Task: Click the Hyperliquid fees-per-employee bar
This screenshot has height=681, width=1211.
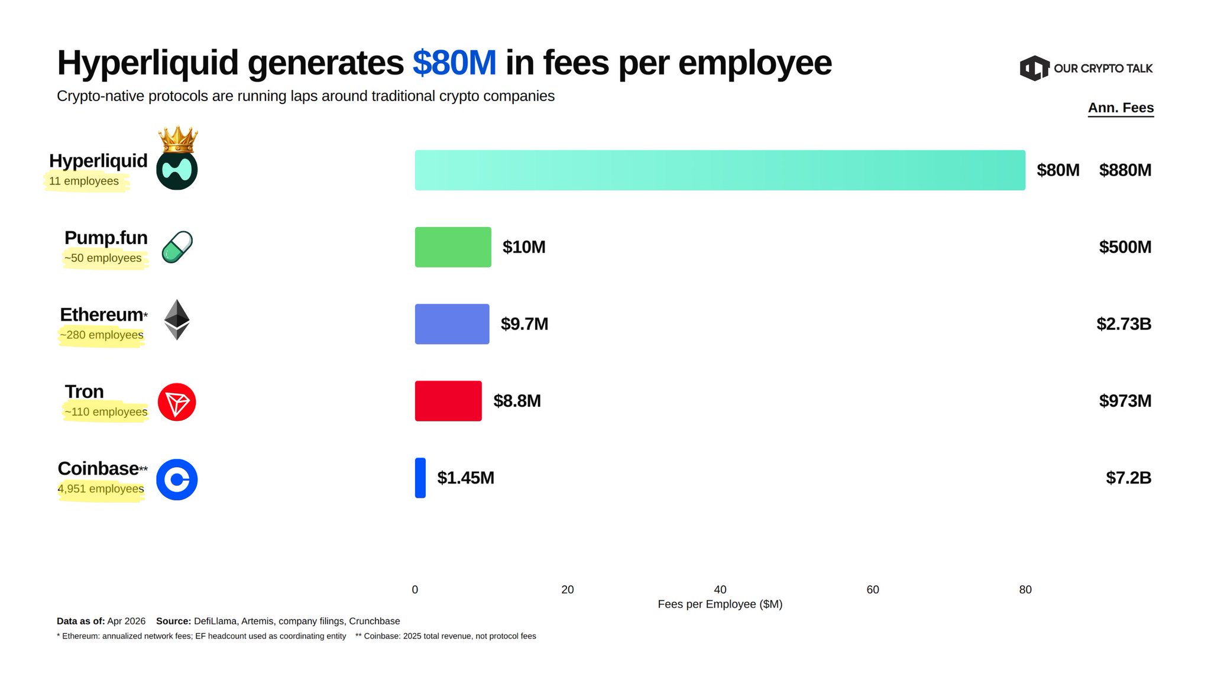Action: (720, 170)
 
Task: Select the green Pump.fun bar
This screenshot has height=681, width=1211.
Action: (453, 247)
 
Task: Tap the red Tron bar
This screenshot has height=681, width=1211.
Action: (448, 401)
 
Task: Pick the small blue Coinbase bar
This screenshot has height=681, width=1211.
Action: (420, 478)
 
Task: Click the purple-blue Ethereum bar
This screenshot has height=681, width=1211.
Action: (452, 324)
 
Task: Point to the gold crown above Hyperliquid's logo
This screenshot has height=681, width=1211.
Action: (178, 140)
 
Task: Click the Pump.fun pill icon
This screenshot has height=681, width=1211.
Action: (177, 247)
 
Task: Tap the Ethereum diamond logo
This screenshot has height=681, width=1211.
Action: (177, 320)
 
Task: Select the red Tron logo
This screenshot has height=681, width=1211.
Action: (177, 402)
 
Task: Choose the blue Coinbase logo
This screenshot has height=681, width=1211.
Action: (177, 479)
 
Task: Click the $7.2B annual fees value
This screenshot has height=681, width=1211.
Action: (1128, 478)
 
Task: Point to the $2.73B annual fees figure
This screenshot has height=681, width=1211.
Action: (1123, 324)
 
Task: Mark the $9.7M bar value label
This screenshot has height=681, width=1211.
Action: (524, 324)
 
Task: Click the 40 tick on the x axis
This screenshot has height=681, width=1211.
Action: (720, 589)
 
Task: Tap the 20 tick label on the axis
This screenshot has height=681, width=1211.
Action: (568, 589)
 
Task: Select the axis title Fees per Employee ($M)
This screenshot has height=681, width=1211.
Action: (720, 604)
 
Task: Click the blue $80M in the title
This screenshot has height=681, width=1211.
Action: (454, 63)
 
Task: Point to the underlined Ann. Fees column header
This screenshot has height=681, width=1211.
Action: (1121, 108)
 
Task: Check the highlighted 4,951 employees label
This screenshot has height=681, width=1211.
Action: (101, 489)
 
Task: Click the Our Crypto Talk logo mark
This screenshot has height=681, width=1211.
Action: (1034, 69)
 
